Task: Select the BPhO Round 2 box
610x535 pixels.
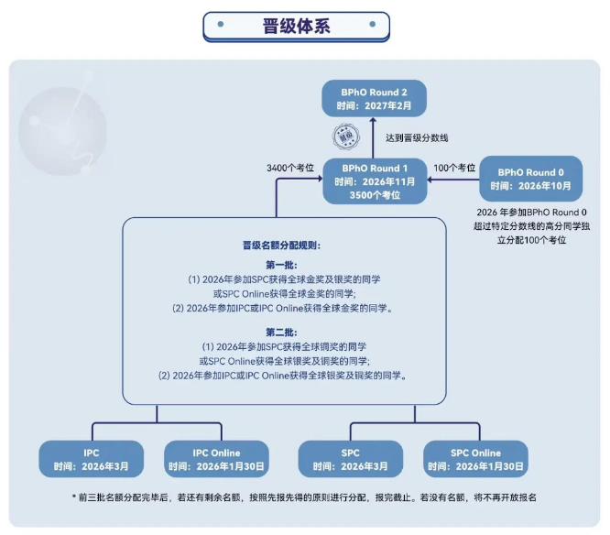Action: (371, 99)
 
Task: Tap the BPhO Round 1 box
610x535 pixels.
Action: (371, 182)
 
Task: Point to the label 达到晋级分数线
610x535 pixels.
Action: (417, 137)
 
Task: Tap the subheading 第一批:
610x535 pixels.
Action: (281, 265)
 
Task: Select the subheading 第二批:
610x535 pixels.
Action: (281, 332)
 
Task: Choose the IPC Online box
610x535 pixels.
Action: (216, 459)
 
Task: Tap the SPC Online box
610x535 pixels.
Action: (475, 459)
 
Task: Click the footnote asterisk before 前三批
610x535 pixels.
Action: (73, 497)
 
